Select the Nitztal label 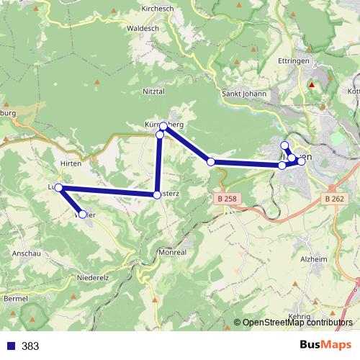(156, 92)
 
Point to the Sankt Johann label (244, 93)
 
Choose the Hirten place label (71, 163)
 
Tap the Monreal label (172, 253)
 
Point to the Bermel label (16, 297)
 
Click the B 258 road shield (225, 198)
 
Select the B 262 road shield (334, 198)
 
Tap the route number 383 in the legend (30, 346)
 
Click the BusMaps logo (325, 346)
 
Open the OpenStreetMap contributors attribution (297, 323)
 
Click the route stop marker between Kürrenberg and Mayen (211, 162)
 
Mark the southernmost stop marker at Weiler (83, 214)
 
